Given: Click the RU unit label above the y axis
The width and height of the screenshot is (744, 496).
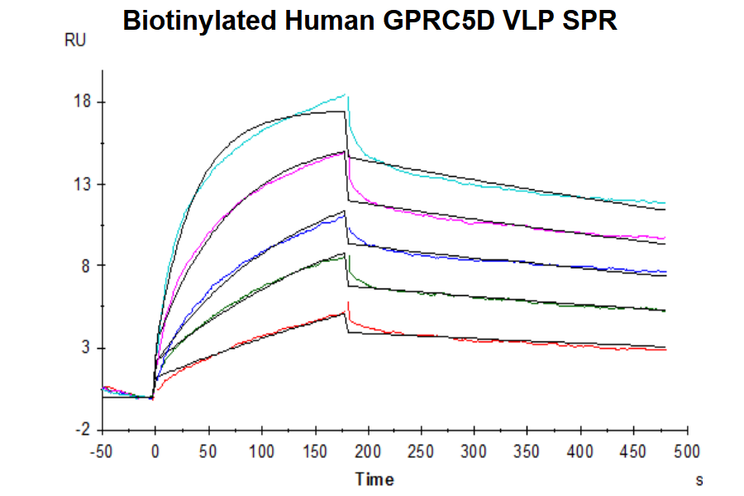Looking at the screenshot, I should (x=75, y=41).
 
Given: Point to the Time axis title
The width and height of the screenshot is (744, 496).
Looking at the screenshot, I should (x=374, y=479).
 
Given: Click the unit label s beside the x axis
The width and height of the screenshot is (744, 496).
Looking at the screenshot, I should (x=699, y=479).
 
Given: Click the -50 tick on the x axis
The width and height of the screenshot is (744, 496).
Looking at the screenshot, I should (x=102, y=451).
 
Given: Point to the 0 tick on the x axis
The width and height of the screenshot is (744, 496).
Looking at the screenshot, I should (x=155, y=451).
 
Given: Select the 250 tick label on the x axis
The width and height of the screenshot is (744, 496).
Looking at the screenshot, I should (x=421, y=451).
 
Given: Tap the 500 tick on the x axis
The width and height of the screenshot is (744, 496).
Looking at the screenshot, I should (x=687, y=451).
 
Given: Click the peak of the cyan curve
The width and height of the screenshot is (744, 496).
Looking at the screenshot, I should (x=346, y=94).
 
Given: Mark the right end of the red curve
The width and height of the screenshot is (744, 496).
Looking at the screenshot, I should (x=665, y=350).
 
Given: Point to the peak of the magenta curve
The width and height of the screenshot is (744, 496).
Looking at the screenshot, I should (x=344, y=151).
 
